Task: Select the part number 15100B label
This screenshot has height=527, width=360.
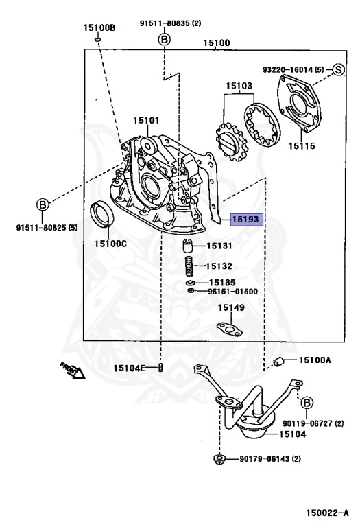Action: pyautogui.click(x=99, y=28)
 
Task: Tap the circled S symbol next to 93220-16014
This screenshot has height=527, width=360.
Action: pyautogui.click(x=338, y=69)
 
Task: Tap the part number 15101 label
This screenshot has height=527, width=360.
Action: pyautogui.click(x=146, y=121)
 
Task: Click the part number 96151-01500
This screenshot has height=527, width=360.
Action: pyautogui.click(x=232, y=291)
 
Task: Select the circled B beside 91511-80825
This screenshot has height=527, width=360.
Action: pyautogui.click(x=43, y=204)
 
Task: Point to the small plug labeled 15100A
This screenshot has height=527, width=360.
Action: pyautogui.click(x=278, y=362)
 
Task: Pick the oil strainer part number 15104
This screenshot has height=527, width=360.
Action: pyautogui.click(x=294, y=434)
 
